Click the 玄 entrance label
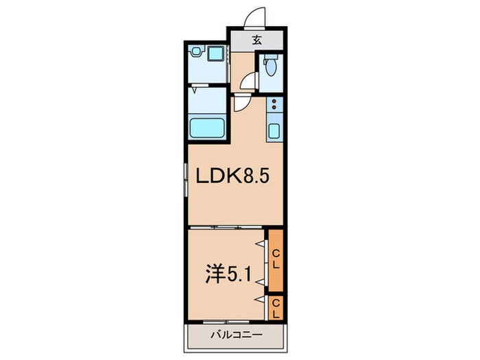(256, 40)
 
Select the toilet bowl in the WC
(271, 67)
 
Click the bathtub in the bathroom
(208, 128)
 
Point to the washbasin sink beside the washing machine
(217, 52)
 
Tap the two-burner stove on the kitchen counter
(275, 105)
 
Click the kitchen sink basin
(275, 130)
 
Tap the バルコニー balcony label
(234, 336)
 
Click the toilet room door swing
(250, 80)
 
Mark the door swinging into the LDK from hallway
(242, 103)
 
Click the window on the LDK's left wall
(186, 182)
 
